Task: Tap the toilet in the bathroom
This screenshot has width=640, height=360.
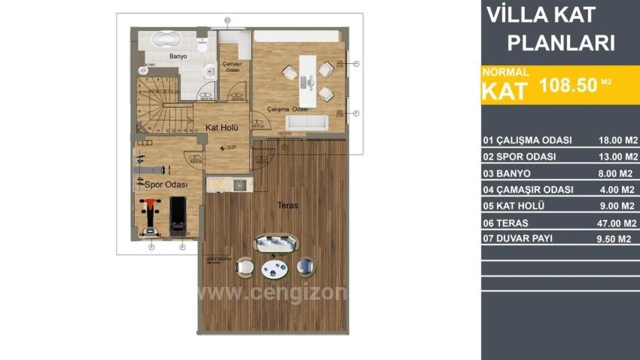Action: (202, 45)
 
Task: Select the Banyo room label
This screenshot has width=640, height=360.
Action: (178, 56)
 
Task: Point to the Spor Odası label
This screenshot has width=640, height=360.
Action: (161, 184)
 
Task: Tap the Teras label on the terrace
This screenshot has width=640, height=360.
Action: (288, 204)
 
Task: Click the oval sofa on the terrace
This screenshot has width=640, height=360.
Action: (276, 243)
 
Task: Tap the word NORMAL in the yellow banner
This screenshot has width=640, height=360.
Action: (506, 72)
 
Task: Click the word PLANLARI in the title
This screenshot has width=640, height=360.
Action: (560, 42)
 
